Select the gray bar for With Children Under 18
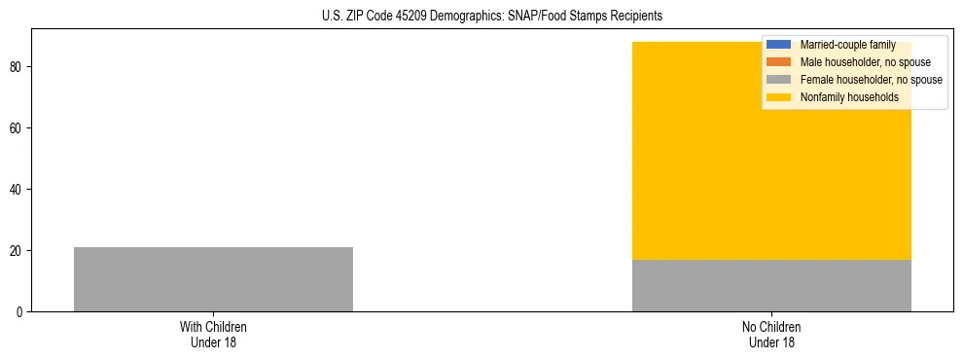(213, 279)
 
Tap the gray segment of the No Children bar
(771, 285)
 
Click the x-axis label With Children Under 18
(213, 334)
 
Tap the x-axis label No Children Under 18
(771, 334)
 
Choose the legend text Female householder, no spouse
(871, 80)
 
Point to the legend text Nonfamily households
(849, 97)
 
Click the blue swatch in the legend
(779, 45)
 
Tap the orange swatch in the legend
(779, 62)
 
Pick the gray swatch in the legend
(779, 80)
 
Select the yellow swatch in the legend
(779, 97)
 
